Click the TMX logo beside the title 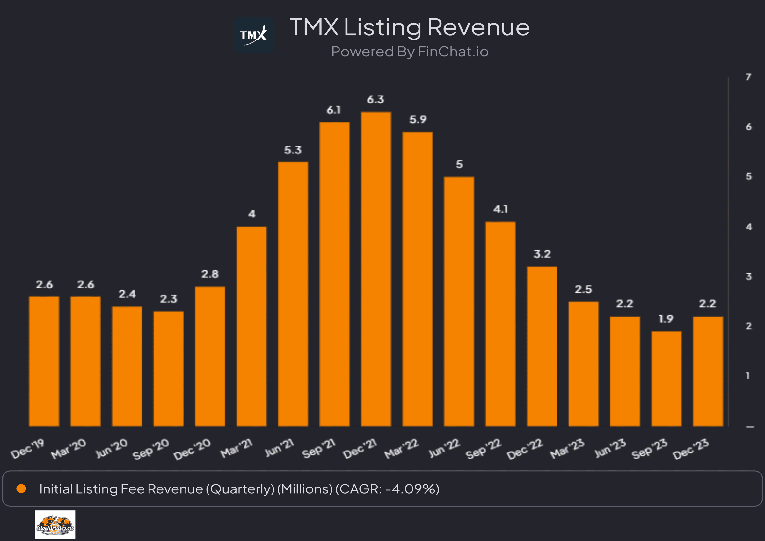point(253,35)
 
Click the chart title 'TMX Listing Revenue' point(409,27)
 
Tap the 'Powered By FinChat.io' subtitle point(410,52)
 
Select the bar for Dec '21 point(376,269)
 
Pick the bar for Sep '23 point(666,379)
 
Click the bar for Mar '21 point(251,326)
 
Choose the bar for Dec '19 point(44,361)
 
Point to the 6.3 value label point(375,100)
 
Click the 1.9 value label point(666,319)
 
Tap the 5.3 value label point(293,150)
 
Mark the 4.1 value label point(500,209)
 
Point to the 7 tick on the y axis point(748,77)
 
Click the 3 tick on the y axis point(749,276)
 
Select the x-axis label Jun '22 point(444,448)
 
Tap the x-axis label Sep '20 point(151,449)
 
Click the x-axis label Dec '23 point(690,449)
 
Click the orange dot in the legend point(21,489)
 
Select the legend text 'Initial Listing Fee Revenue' point(121,489)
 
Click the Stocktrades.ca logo point(55,525)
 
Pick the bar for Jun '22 point(459,302)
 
